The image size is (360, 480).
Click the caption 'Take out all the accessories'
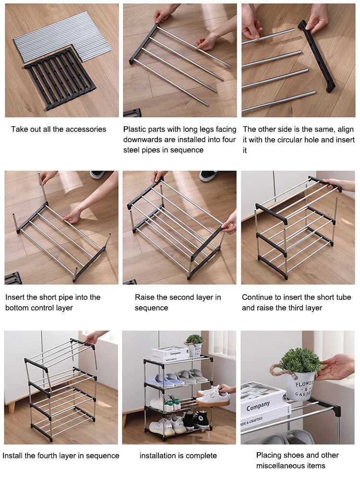click(59, 129)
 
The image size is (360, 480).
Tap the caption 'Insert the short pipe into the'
click(53, 297)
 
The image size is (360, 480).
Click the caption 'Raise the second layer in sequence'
click(178, 302)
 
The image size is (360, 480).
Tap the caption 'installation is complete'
click(178, 456)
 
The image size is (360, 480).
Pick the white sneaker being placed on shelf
click(213, 396)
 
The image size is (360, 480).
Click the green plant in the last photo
click(300, 360)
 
